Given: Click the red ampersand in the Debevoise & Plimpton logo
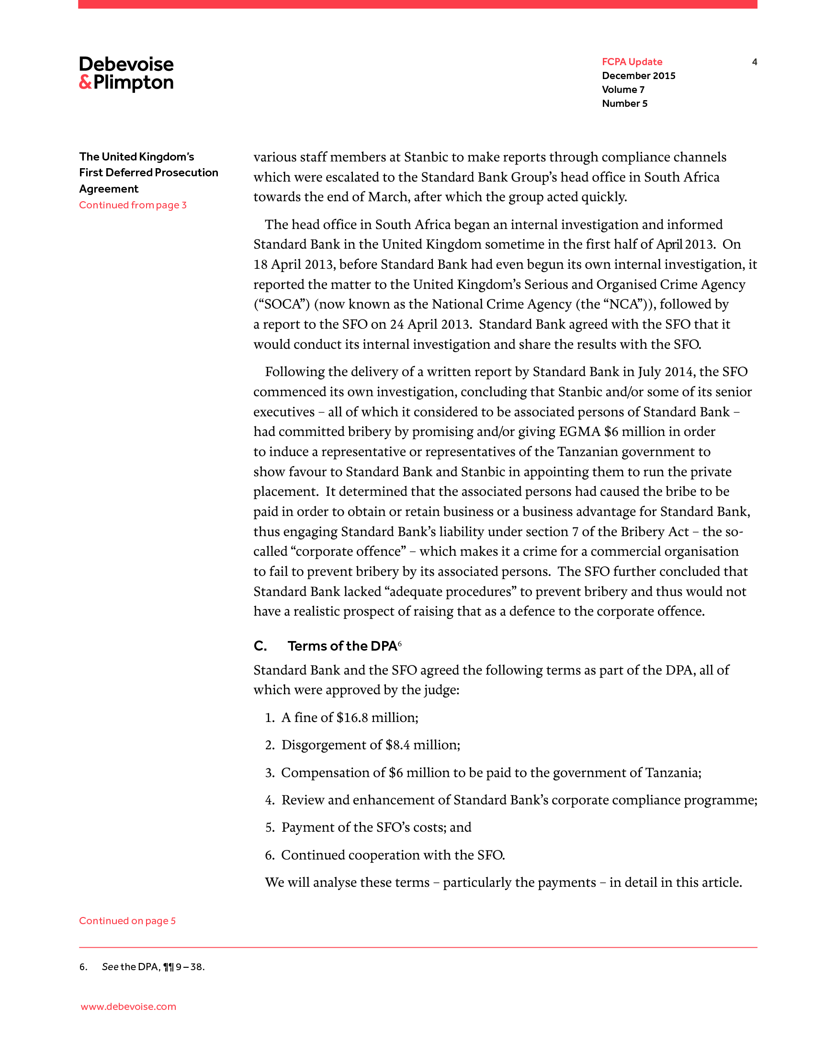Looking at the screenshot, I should [x=85, y=82].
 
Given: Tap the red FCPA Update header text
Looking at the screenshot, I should [x=632, y=62].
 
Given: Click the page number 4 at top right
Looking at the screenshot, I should [x=754, y=62].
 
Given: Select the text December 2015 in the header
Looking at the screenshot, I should [x=638, y=76].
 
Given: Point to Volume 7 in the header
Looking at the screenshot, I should [x=623, y=90].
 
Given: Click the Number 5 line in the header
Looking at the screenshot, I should [x=624, y=104].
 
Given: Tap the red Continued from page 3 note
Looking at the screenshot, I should [x=133, y=205].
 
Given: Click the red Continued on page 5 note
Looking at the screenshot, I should [x=127, y=921].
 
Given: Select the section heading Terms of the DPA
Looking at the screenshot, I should [x=342, y=646].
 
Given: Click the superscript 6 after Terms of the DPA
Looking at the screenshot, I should [x=400, y=643].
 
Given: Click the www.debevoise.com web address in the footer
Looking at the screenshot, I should [x=128, y=1007].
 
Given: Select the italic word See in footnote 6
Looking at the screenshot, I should [x=110, y=967].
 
